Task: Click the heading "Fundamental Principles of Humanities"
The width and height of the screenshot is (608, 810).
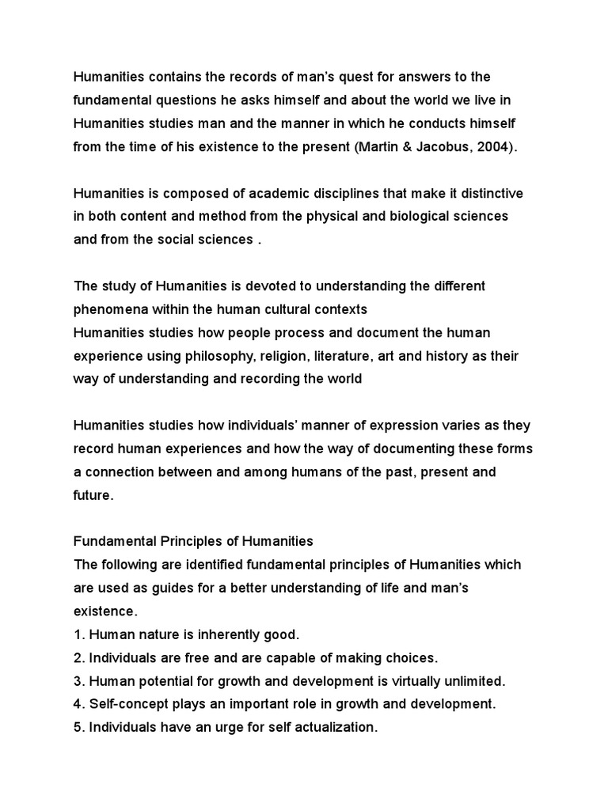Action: [x=193, y=542]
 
